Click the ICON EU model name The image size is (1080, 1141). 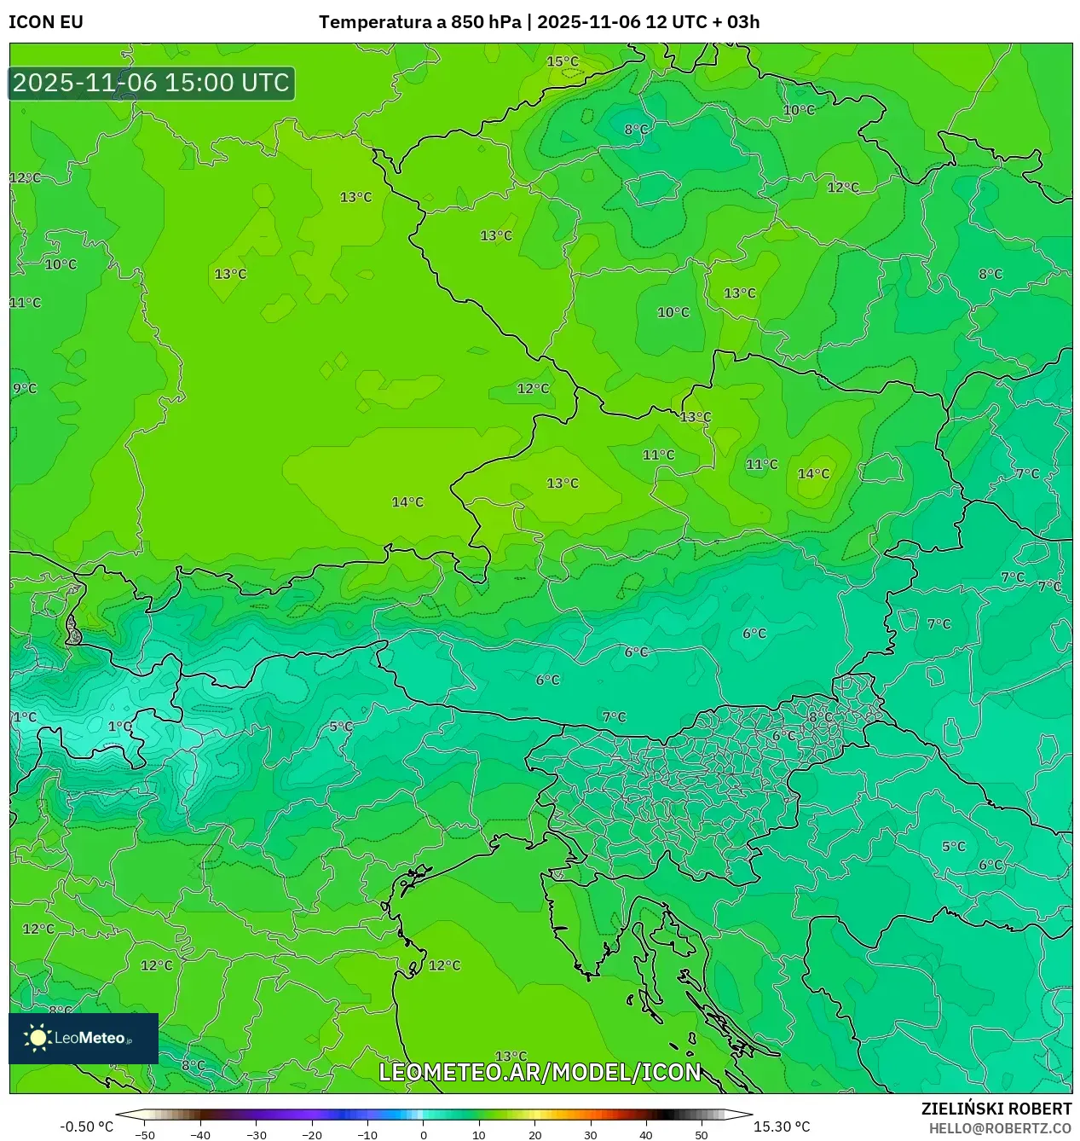pos(46,22)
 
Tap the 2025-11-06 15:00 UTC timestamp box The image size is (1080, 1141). pos(152,83)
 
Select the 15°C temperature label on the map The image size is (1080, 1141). pos(563,61)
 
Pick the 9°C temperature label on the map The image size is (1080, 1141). pos(25,389)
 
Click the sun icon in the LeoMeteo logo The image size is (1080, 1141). pos(38,1037)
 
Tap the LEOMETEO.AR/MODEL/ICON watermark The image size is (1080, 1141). pos(540,1072)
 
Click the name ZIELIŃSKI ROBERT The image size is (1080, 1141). pos(996,1109)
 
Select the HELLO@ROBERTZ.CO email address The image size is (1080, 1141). pos(1000,1128)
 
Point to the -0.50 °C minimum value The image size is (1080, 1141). pos(86,1127)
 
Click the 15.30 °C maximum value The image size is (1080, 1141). pos(782,1127)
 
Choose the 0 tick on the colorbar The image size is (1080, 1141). pos(424,1134)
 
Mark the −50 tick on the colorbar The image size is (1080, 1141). pos(145,1134)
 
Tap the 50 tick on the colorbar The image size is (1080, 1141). pos(702,1134)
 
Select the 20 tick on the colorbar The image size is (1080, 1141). pos(534,1134)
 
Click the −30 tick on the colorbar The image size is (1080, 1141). pos(257,1134)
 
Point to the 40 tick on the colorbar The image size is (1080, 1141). pos(646,1134)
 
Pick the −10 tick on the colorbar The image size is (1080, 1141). pos(367,1134)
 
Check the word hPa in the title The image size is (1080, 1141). pos(503,22)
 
